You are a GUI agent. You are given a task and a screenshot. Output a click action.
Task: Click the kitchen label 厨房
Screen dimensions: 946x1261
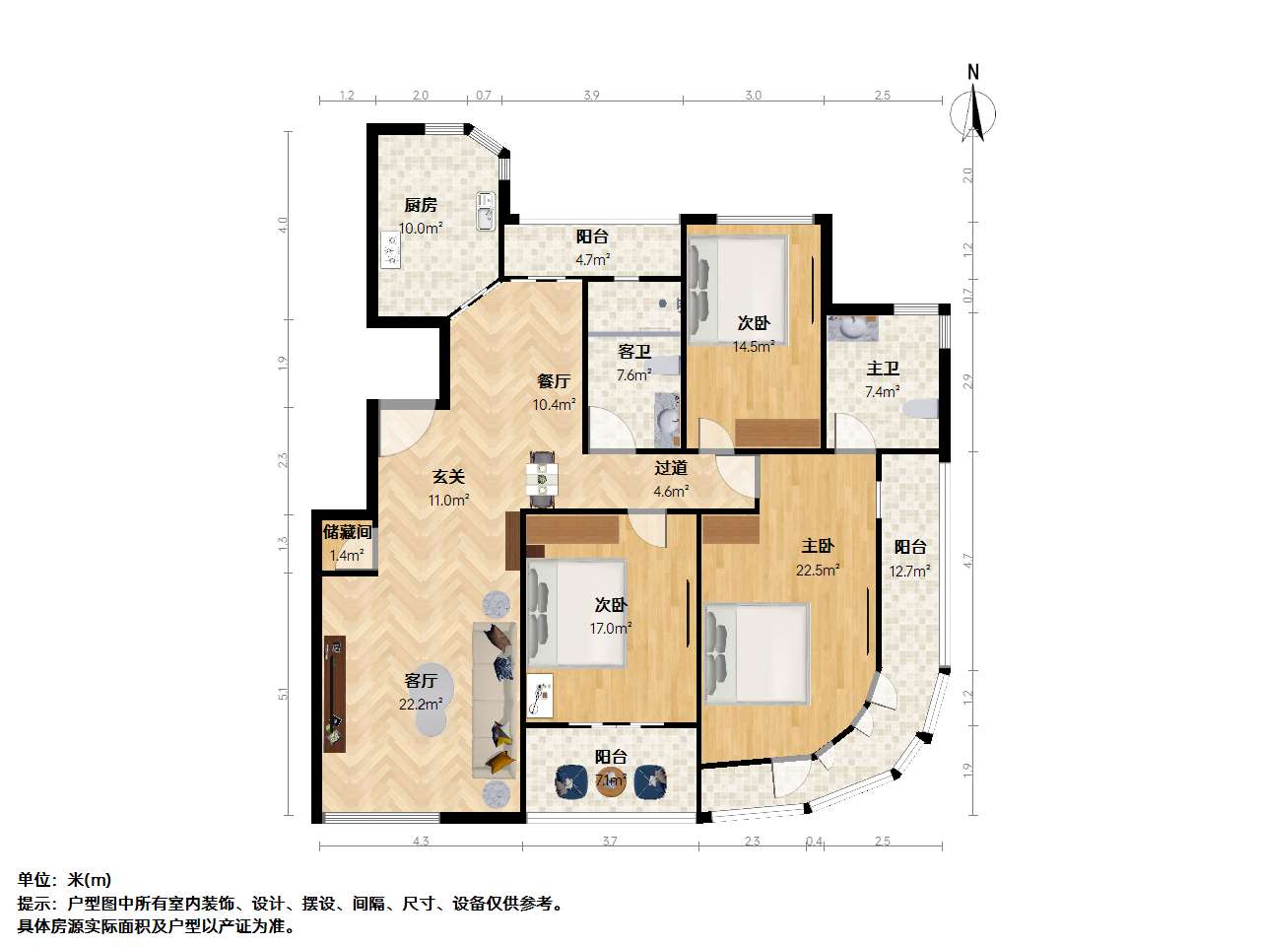point(421,206)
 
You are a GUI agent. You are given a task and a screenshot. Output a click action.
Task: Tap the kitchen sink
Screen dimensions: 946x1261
point(484,211)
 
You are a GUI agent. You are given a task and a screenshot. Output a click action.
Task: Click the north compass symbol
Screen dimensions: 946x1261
point(973,110)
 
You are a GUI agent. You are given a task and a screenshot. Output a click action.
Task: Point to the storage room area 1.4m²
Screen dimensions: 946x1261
point(346,555)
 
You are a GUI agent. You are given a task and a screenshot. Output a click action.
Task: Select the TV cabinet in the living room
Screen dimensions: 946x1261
point(335,694)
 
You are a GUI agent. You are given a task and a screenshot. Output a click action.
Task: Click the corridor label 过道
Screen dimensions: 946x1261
point(671,469)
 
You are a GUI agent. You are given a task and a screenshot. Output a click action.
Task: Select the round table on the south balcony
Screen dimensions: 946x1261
point(611,782)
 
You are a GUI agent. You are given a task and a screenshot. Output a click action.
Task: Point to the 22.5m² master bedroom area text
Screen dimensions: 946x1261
point(818,569)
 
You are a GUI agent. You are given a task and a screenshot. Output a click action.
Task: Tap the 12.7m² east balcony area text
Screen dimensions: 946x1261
point(910,571)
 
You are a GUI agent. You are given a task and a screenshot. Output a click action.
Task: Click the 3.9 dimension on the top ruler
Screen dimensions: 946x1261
point(591,96)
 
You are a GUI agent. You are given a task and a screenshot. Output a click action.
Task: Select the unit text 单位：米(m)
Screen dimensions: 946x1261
point(64,880)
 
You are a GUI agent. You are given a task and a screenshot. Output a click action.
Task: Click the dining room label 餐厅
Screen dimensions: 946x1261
point(554,381)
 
